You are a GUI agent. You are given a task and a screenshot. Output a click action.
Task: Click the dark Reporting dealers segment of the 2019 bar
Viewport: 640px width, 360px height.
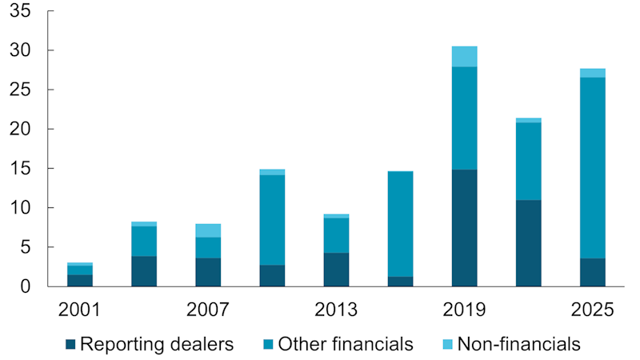(x=464, y=228)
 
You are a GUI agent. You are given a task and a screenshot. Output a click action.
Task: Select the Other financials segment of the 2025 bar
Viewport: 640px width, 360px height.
(x=592, y=168)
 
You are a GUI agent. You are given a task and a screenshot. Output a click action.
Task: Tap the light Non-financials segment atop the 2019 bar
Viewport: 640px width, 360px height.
(x=464, y=57)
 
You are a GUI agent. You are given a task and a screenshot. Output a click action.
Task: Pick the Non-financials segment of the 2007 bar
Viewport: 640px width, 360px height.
(x=208, y=230)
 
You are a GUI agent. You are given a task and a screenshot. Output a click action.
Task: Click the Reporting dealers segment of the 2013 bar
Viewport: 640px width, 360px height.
(x=336, y=270)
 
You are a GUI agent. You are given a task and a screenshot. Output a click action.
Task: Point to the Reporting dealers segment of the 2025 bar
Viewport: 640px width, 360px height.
(x=592, y=272)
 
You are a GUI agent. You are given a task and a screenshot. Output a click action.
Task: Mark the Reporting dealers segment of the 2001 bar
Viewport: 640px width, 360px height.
(x=80, y=280)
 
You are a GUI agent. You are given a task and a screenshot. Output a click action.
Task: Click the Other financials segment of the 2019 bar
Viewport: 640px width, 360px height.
(x=464, y=118)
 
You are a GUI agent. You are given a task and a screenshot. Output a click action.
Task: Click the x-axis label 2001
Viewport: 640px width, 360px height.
(x=80, y=310)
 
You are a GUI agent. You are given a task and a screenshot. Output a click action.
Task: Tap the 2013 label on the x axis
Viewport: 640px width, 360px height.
(x=336, y=310)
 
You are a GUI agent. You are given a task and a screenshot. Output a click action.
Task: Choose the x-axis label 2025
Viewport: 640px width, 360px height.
(x=592, y=310)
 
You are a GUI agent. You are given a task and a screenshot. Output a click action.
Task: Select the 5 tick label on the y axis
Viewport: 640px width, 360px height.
(x=26, y=247)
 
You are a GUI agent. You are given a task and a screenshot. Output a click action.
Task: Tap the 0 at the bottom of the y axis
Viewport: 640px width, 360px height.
(x=26, y=286)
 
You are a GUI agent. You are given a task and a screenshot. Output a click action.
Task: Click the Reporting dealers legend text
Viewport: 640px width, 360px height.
(x=157, y=345)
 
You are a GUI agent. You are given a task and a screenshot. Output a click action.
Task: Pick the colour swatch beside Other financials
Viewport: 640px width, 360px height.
(x=266, y=345)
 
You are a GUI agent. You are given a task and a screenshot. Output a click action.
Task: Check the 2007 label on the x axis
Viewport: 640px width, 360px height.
(x=208, y=310)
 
